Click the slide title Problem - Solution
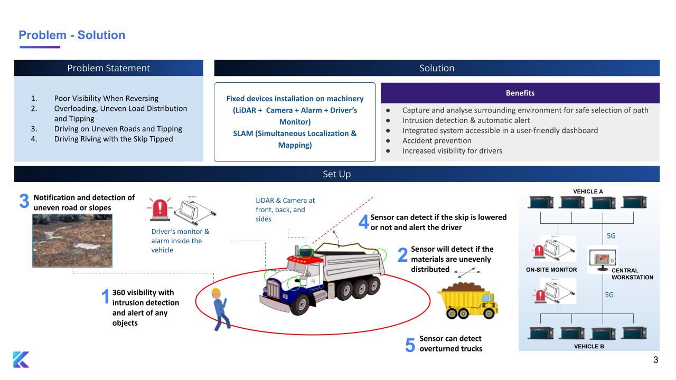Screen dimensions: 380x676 [72, 35]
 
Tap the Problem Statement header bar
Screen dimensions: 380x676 [108, 68]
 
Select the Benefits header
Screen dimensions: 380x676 [520, 93]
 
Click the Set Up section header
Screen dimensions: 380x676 [336, 174]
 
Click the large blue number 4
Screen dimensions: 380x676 [363, 222]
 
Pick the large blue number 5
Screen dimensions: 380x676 [410, 346]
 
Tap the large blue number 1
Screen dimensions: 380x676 [105, 297]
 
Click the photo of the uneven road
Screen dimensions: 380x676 [72, 240]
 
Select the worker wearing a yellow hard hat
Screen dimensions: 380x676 [219, 309]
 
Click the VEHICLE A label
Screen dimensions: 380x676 [588, 191]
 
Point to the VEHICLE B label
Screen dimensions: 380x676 [588, 347]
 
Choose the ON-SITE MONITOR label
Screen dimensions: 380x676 [551, 270]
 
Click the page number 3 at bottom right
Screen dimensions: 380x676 [655, 361]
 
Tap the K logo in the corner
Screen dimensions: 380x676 [21, 359]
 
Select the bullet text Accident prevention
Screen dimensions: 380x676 [436, 140]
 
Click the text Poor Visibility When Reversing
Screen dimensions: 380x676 [106, 98]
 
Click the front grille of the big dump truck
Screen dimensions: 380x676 [275, 289]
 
